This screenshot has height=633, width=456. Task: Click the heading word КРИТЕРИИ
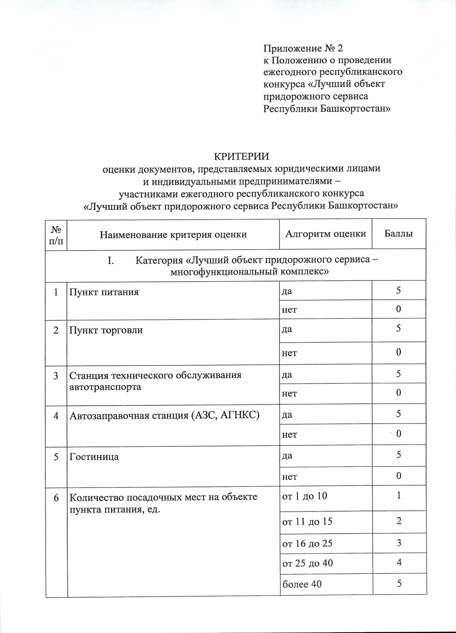pyautogui.click(x=241, y=156)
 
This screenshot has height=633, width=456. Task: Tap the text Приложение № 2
pyautogui.click(x=303, y=48)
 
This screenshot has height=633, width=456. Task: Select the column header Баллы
pyautogui.click(x=399, y=234)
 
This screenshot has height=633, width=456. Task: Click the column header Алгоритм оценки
pyautogui.click(x=325, y=234)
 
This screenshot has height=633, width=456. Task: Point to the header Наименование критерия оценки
pyautogui.click(x=173, y=235)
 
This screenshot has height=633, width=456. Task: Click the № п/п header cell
pyautogui.click(x=56, y=235)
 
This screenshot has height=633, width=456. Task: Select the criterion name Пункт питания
pyautogui.click(x=104, y=292)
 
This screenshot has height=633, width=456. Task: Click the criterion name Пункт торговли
pyautogui.click(x=106, y=330)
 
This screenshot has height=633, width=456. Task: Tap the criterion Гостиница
pyautogui.click(x=94, y=457)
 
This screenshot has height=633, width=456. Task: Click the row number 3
pyautogui.click(x=56, y=376)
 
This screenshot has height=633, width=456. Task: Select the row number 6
pyautogui.click(x=56, y=497)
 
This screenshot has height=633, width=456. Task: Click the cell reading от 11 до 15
pyautogui.click(x=307, y=522)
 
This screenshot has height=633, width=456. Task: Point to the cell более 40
pyautogui.click(x=302, y=584)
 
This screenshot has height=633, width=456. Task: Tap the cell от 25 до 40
pyautogui.click(x=307, y=563)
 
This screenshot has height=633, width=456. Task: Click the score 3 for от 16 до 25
pyautogui.click(x=399, y=543)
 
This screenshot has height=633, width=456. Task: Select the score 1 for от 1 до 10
pyautogui.click(x=399, y=495)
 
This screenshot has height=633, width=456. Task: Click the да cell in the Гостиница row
pyautogui.click(x=287, y=455)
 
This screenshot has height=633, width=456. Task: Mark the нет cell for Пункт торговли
pyautogui.click(x=289, y=353)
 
